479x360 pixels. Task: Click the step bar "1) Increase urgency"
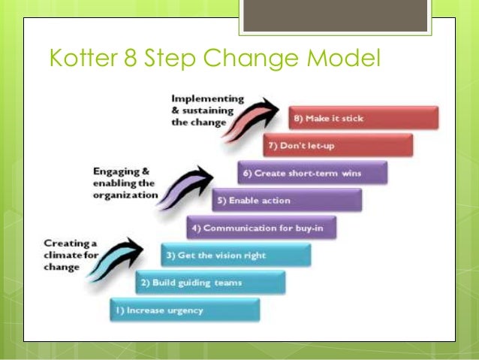185,310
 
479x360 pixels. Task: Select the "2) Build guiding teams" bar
210,283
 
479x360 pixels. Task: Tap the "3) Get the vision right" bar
236,255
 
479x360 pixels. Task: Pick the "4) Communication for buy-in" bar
261,228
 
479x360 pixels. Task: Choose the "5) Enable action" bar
287,201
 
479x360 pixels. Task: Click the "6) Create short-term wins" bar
312,173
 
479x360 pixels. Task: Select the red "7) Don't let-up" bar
338,145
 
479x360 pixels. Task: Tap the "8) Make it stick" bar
363,118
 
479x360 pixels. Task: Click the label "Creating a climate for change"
71,255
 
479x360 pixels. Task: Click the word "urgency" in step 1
185,310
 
